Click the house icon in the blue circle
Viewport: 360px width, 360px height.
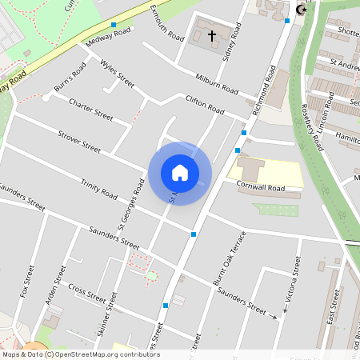(180, 173)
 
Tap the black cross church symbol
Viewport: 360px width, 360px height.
(212, 36)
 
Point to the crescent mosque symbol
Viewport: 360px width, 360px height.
(302, 10)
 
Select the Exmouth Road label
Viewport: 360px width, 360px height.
(167, 22)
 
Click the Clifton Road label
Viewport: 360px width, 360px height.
(205, 104)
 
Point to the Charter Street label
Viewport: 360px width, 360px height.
(91, 108)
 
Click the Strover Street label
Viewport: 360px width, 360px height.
(79, 142)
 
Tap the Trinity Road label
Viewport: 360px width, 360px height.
(99, 189)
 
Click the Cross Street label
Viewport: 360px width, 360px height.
(87, 293)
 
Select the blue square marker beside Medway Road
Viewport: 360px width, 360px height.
(114, 25)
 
